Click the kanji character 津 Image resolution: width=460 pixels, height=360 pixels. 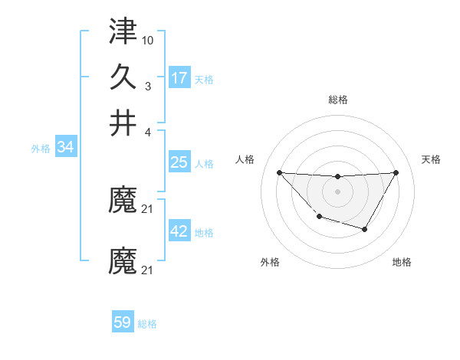click(x=123, y=34)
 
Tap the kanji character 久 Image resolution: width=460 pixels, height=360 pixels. click(x=123, y=78)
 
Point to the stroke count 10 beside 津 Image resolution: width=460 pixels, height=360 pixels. click(x=148, y=38)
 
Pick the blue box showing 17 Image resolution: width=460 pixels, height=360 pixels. click(x=179, y=77)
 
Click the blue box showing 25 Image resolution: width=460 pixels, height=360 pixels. click(x=179, y=162)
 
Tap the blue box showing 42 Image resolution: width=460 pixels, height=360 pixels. click(x=179, y=232)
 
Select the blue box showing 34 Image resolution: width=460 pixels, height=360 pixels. click(x=65, y=147)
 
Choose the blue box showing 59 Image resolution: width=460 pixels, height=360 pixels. click(x=123, y=322)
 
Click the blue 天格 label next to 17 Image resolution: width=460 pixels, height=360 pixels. click(x=204, y=79)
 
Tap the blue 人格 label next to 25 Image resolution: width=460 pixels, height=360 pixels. click(x=204, y=164)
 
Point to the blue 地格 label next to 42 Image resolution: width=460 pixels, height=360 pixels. click(x=204, y=233)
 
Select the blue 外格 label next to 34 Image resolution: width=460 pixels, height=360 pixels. click(x=41, y=149)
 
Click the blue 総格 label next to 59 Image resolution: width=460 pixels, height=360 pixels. click(x=147, y=324)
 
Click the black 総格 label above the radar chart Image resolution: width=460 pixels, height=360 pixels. click(x=337, y=100)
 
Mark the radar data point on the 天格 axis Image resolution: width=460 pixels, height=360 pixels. click(x=396, y=172)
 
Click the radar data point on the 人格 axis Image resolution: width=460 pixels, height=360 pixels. click(x=279, y=172)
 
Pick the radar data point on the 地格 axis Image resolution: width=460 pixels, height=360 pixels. click(x=365, y=229)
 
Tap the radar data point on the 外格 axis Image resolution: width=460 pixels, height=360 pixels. click(x=319, y=218)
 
